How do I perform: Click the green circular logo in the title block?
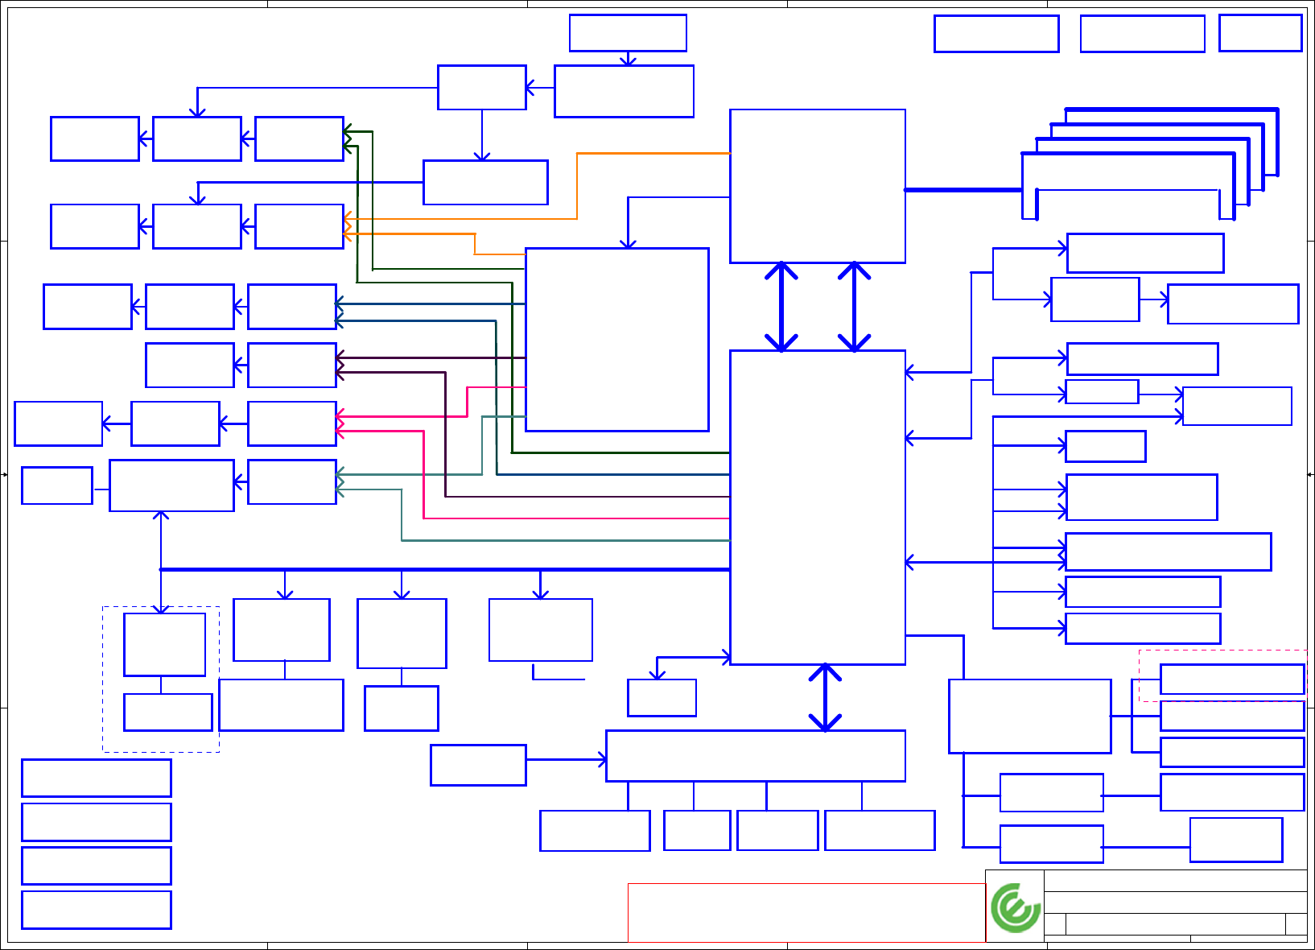click(1016, 907)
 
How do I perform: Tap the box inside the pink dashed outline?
click(1231, 679)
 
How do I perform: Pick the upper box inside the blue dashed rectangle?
click(164, 644)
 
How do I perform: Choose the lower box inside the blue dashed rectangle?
click(167, 712)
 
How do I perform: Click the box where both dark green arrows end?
click(299, 138)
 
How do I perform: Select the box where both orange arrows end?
click(299, 226)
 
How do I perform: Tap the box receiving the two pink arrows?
click(291, 423)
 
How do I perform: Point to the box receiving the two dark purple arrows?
click(291, 365)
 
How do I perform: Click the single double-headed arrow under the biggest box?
click(825, 697)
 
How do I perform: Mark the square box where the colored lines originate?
click(616, 339)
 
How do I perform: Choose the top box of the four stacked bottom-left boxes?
click(96, 778)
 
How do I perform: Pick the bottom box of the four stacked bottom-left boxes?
click(96, 909)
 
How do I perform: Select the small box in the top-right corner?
click(1260, 33)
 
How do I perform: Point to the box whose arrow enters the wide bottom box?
click(478, 764)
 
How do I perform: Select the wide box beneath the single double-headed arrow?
click(755, 755)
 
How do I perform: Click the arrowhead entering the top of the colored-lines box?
click(628, 244)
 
